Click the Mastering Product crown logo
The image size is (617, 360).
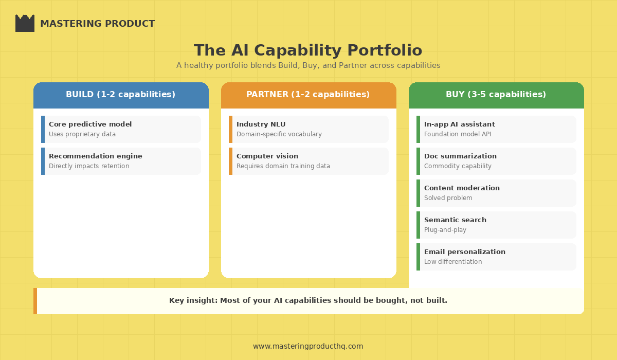[25, 24]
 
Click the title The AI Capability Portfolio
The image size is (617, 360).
[308, 50]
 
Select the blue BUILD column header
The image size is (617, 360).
[121, 95]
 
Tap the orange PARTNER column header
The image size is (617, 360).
[308, 95]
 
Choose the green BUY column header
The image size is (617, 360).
[496, 95]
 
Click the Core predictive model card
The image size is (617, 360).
[121, 129]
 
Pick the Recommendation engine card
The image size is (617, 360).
[121, 161]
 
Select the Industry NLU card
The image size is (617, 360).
[308, 129]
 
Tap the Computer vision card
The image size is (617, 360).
[308, 161]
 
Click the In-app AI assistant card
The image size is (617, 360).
[496, 129]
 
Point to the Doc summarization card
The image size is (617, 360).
[496, 161]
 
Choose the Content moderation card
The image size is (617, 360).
[496, 193]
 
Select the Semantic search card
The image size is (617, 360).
[496, 225]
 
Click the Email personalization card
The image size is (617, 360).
[496, 257]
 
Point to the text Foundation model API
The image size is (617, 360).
[458, 134]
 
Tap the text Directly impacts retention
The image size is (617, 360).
[89, 166]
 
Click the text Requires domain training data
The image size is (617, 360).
[283, 166]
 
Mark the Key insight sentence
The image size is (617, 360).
[308, 301]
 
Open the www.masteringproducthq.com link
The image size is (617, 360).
[308, 346]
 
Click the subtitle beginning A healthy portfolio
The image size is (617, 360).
[308, 65]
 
